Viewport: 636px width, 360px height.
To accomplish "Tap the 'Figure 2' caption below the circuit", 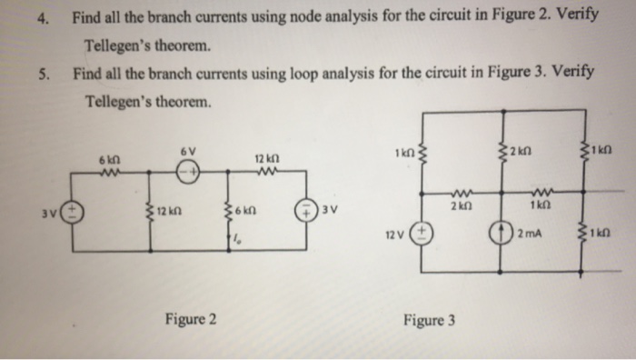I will [190, 319].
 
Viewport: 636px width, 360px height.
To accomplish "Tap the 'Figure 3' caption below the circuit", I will [430, 320].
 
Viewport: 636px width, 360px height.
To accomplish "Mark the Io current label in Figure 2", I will [237, 239].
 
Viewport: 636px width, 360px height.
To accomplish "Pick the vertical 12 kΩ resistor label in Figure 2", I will [171, 215].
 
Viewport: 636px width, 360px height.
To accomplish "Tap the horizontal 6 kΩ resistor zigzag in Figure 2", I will [110, 173].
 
